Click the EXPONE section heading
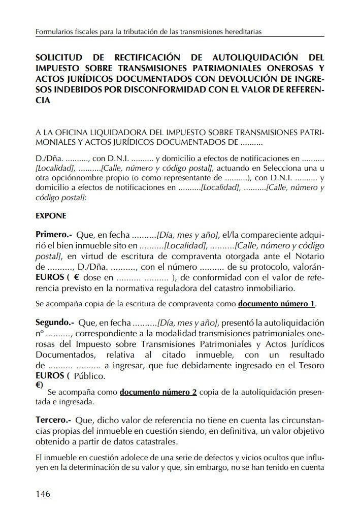pos(51,215)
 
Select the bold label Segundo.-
pos(55,322)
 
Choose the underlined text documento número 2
pos(158,393)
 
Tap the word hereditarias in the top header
pos(241,31)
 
